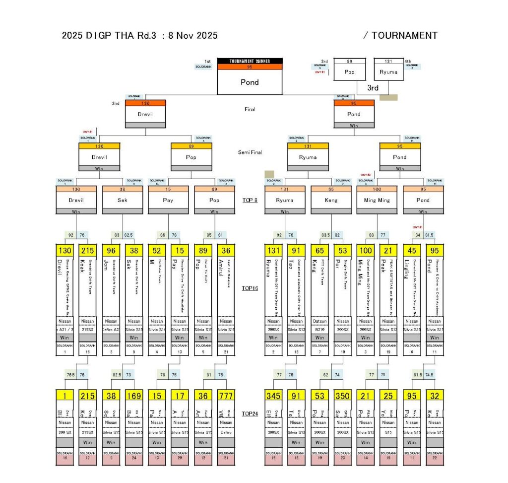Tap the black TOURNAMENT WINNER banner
coord(250,61)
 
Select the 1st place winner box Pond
coord(250,82)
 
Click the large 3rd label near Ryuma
coord(373,88)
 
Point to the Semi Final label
coord(250,152)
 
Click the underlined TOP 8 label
coord(250,201)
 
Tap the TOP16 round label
coord(250,288)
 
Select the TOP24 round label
coord(250,414)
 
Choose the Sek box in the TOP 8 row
coord(122,200)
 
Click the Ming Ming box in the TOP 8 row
coord(377,200)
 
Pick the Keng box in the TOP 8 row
coord(331,200)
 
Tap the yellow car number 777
coord(226,396)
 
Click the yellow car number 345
coord(273,396)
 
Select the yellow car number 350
coord(342,396)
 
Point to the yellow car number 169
coord(133,396)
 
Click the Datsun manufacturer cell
coord(319,321)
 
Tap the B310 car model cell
coord(319,329)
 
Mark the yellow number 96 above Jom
coord(111,251)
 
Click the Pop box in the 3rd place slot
coord(350,71)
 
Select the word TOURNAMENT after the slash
coord(404,36)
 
